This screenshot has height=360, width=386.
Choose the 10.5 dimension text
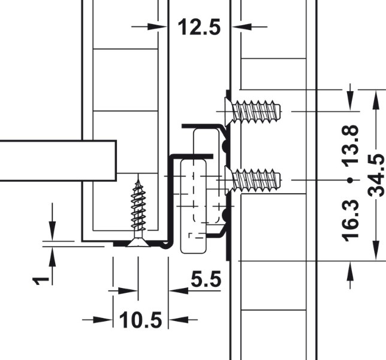(x=141, y=320)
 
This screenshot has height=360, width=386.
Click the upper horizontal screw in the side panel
(x=255, y=111)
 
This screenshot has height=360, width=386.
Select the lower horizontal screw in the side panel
(x=255, y=179)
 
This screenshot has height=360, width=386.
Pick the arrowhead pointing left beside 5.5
(x=177, y=290)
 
